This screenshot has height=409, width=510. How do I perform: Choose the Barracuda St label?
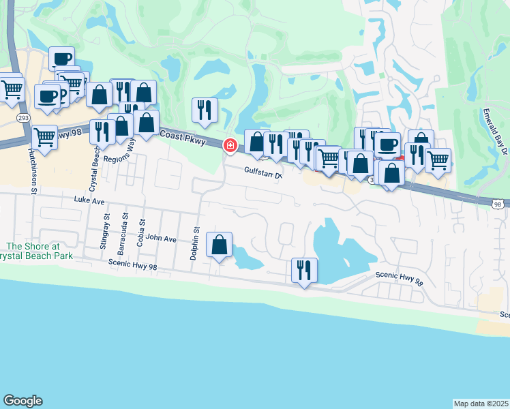tap(125, 227)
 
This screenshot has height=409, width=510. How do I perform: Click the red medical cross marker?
tap(230, 145)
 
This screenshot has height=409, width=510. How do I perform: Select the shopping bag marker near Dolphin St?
tap(220, 245)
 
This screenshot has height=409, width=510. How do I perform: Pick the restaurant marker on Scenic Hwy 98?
tap(303, 270)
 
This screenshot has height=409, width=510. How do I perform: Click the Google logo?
tap(22, 401)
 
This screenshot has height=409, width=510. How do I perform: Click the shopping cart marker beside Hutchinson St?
tap(45, 136)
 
